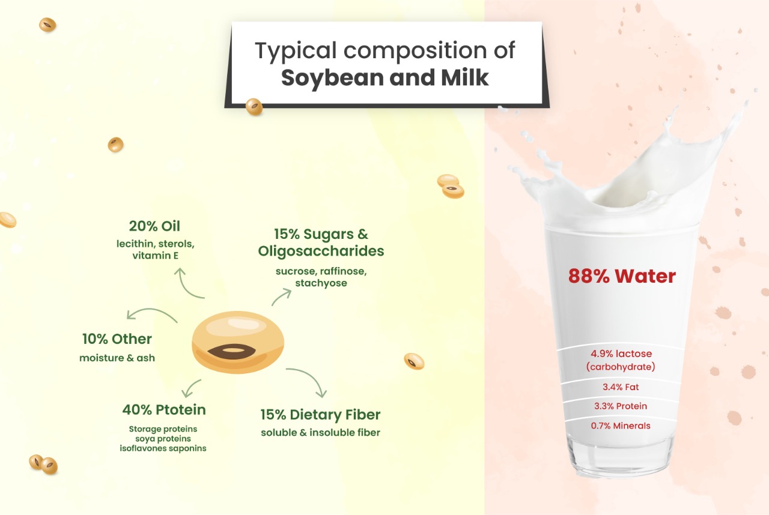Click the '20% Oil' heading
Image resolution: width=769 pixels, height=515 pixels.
(x=154, y=226)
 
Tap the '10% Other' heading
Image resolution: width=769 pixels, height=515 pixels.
(x=117, y=339)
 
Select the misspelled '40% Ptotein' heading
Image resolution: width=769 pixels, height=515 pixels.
(x=164, y=410)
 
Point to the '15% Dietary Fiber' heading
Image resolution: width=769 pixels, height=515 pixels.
(x=320, y=415)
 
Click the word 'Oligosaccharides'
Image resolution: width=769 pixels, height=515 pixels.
(x=321, y=251)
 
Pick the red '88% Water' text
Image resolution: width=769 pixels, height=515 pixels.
(x=622, y=276)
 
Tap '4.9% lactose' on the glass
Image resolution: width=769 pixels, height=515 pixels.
(x=621, y=354)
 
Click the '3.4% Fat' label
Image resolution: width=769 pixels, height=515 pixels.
(x=621, y=387)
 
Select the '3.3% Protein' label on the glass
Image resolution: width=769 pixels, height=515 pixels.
(x=621, y=406)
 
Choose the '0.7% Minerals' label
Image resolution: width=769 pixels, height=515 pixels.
(x=621, y=426)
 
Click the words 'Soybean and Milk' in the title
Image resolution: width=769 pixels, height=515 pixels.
(x=385, y=78)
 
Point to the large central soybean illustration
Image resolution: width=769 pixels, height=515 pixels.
(x=238, y=342)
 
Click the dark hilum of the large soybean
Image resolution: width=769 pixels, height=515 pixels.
(x=232, y=352)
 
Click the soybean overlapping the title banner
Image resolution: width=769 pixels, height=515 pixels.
(x=254, y=107)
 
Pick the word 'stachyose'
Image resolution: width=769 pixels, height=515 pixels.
(x=321, y=283)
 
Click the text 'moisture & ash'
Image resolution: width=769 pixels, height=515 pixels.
(x=117, y=358)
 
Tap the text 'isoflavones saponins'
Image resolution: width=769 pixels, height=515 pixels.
(x=163, y=448)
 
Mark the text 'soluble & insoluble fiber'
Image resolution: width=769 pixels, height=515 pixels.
(x=320, y=433)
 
